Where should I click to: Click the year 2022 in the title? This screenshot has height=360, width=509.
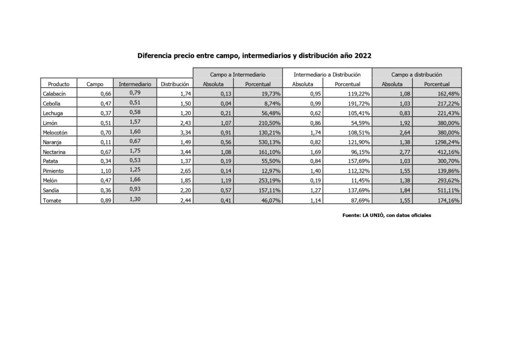pos(362,55)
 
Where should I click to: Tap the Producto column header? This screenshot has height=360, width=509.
pos(59,84)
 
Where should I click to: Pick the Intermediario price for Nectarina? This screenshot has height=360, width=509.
pos(135,151)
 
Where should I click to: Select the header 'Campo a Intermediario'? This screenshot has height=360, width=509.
pos(238,75)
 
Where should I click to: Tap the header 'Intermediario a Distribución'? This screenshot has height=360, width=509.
pos(327,75)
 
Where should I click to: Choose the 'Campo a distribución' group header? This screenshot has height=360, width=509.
pos(417,75)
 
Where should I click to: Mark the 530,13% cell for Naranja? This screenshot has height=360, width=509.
pos(267,142)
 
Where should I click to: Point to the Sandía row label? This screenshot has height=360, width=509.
pos(51,191)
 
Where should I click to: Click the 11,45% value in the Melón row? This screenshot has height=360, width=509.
pos(357,181)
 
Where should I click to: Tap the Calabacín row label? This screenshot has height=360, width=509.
pos(54,94)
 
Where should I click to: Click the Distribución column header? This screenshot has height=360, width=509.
pos(174,84)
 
